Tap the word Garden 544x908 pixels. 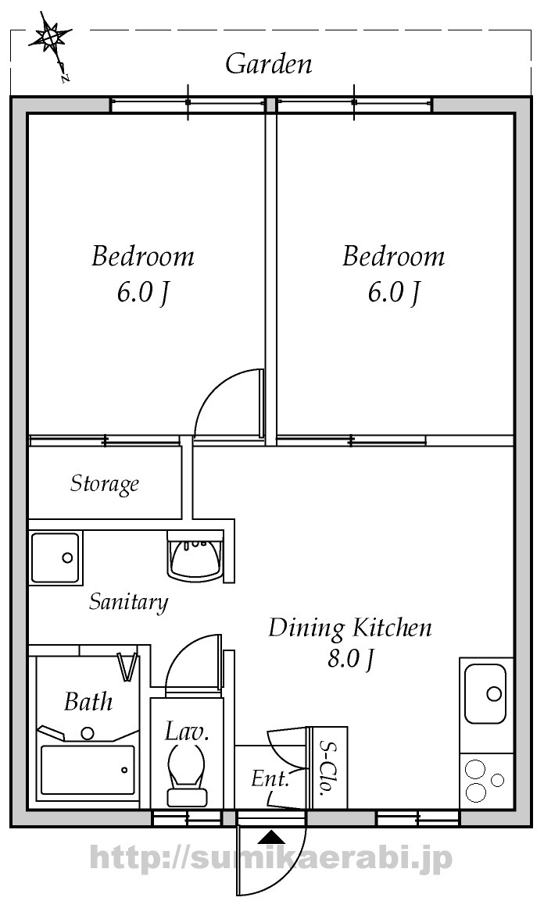269,63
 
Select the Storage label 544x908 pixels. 105,483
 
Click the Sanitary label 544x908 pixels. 128,602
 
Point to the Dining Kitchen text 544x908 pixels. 350,628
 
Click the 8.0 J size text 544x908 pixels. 349,659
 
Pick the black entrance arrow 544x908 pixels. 270,837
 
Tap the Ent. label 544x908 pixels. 270,778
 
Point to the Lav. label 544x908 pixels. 186,732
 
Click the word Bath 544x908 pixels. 88,701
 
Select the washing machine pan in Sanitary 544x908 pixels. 55,557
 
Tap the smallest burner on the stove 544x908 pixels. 498,780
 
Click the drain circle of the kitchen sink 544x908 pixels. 494,693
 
